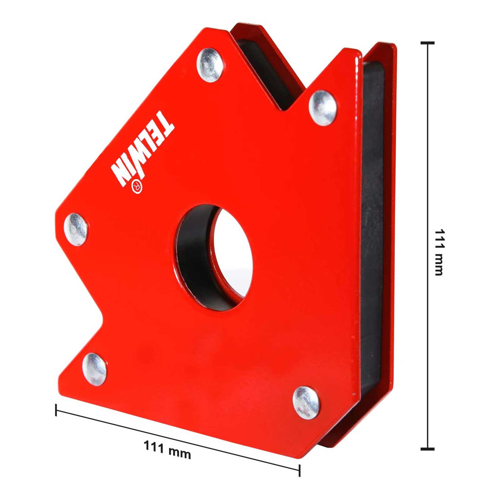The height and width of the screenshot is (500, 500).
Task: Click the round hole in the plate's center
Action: point(213,258)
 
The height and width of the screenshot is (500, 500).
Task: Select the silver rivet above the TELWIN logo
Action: point(210,65)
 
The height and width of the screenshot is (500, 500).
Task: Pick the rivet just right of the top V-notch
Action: point(323,108)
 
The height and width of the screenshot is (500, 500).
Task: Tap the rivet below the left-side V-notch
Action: point(94,369)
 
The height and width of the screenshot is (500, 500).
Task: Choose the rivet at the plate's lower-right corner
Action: point(306,403)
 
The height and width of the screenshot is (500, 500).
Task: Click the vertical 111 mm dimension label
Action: point(439,252)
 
